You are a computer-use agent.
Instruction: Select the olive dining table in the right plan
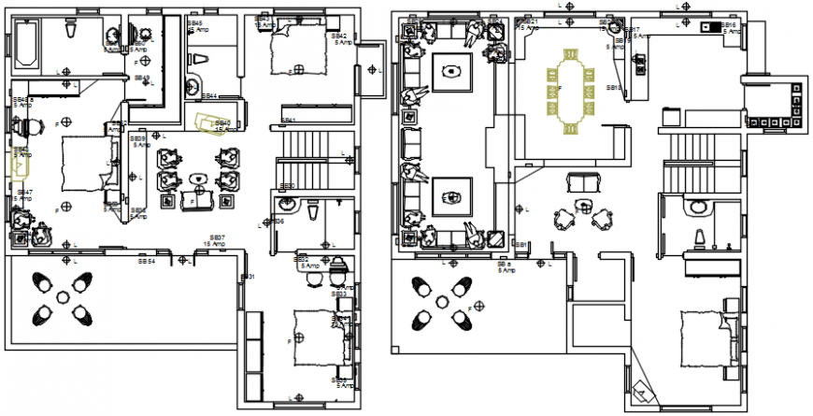point(569,94)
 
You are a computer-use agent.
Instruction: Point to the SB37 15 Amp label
point(214,240)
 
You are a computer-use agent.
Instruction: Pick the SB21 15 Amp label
point(529,24)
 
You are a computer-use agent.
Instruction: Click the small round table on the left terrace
point(63,296)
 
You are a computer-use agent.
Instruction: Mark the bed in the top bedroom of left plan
point(297,49)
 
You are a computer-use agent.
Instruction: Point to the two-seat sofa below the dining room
point(584,183)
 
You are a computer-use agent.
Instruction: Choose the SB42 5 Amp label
point(340,38)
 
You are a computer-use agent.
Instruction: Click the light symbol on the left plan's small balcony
point(372,70)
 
